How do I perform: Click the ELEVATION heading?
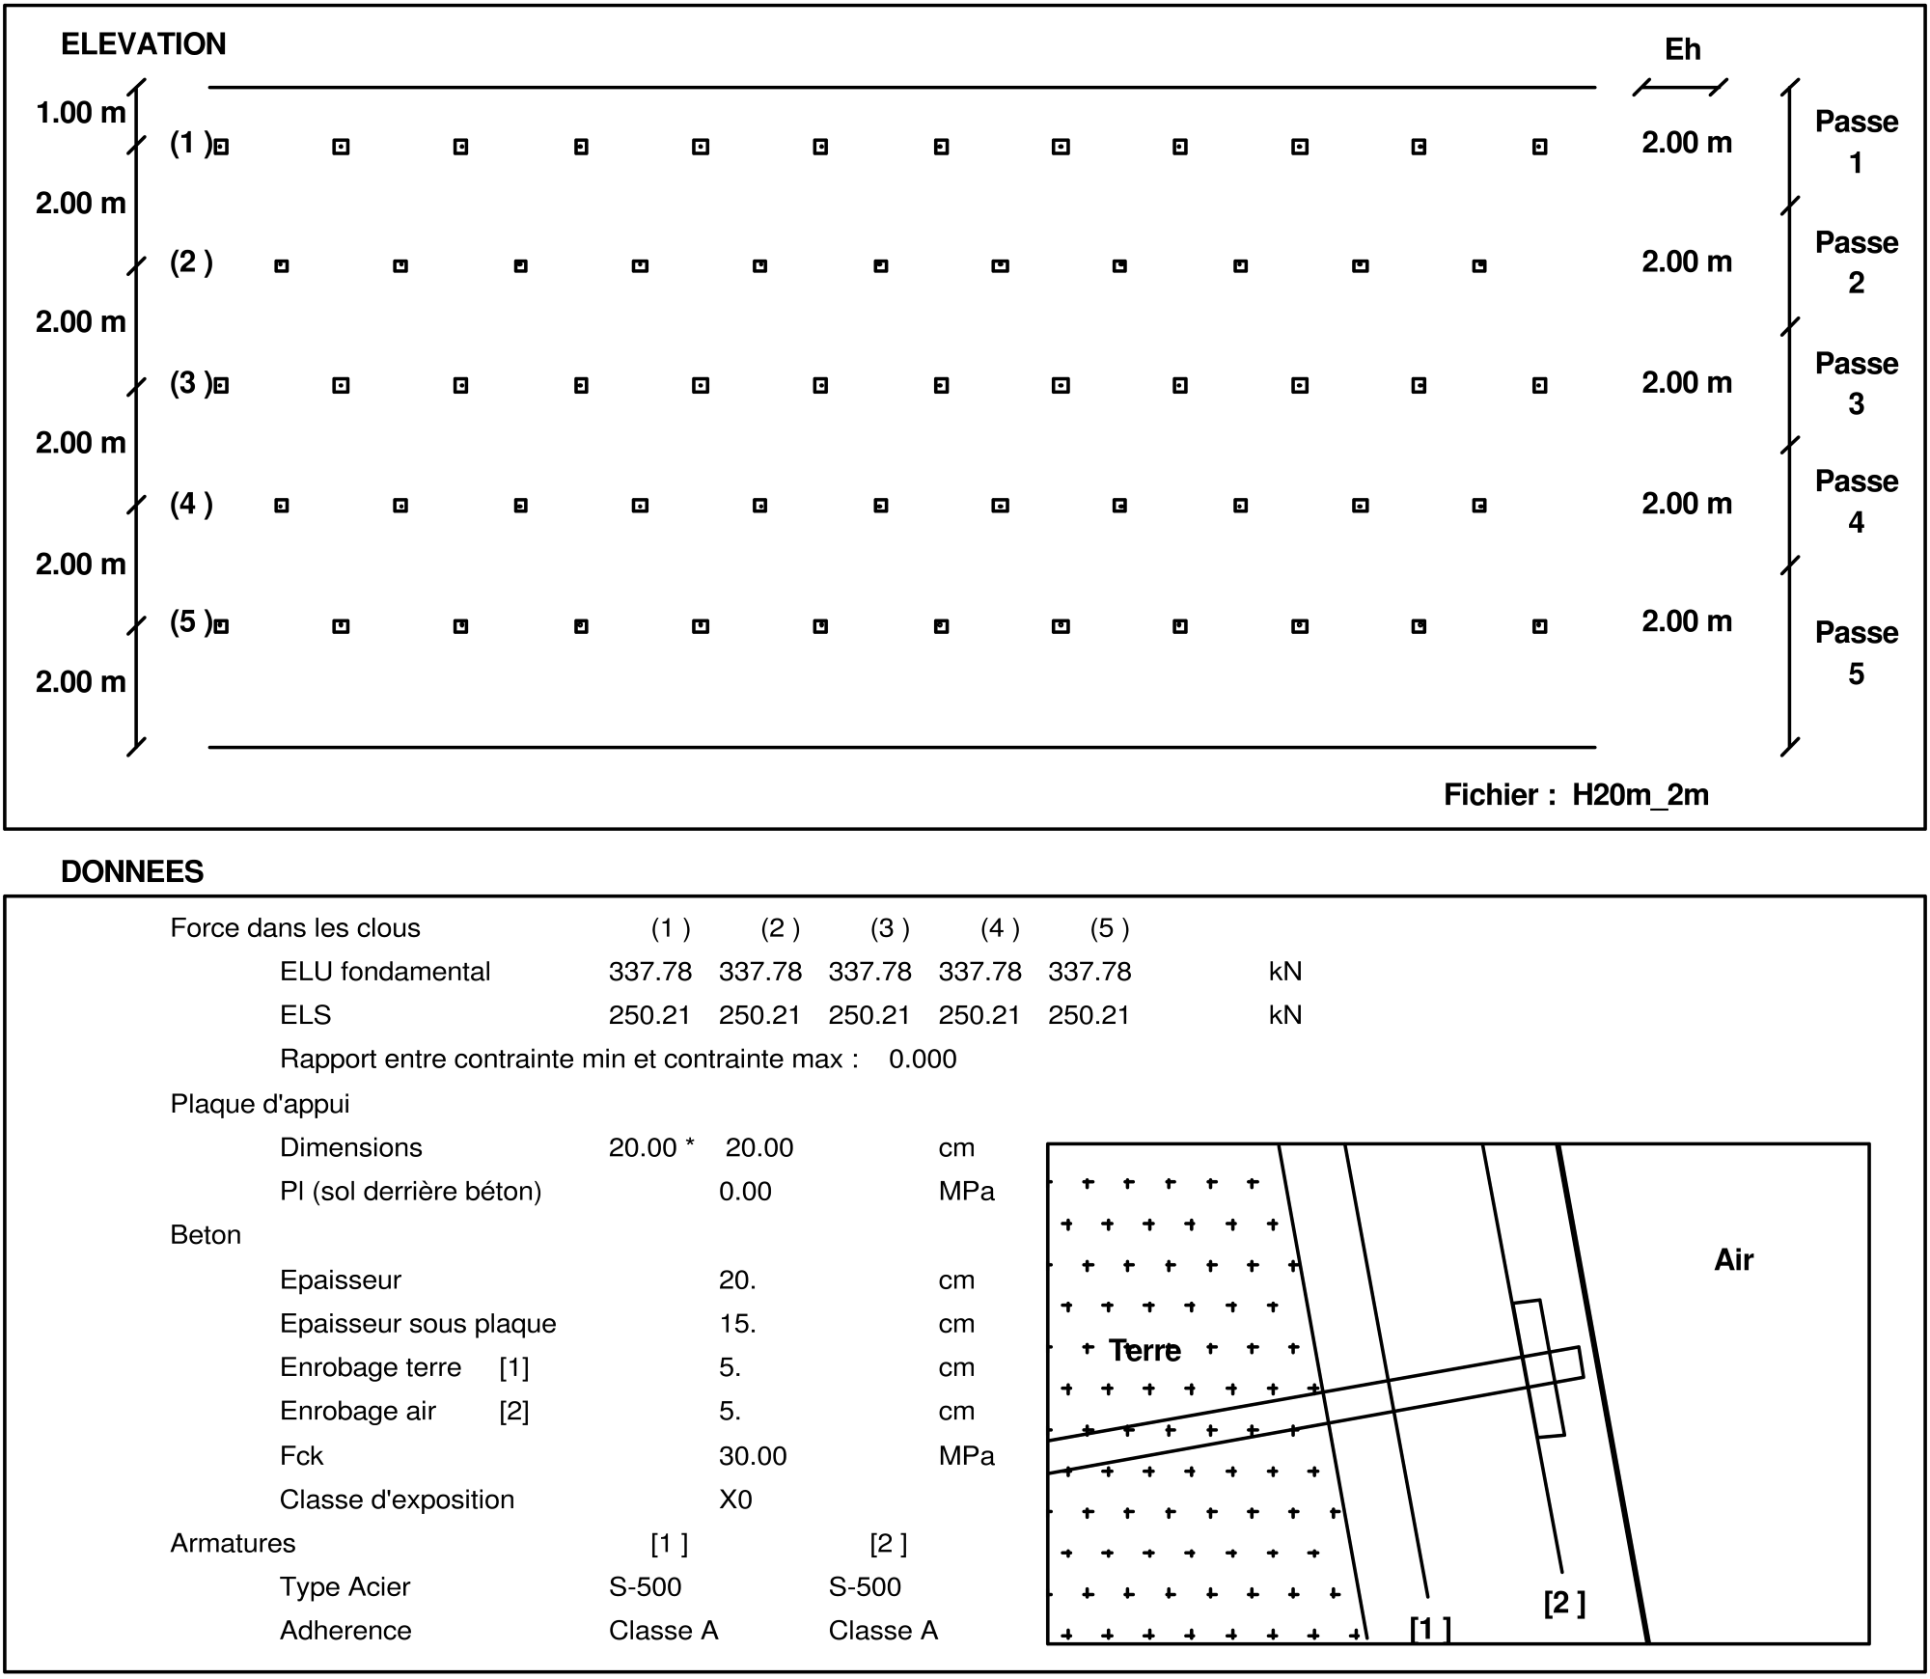click(143, 44)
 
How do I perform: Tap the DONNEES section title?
click(132, 871)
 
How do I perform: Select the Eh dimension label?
click(1682, 50)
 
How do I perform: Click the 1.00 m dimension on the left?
click(80, 113)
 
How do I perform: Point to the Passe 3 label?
click(1856, 383)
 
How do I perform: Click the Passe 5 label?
click(1856, 652)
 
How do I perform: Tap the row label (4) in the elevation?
click(191, 504)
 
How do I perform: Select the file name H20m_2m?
click(1640, 794)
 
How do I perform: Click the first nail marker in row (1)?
click(221, 148)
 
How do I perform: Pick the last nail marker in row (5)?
click(1539, 626)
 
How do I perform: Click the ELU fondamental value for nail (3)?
click(869, 972)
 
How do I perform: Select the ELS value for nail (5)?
click(1089, 1015)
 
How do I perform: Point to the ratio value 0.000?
click(923, 1060)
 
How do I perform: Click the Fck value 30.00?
click(753, 1456)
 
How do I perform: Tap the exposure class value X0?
click(735, 1500)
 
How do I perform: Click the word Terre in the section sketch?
click(1144, 1350)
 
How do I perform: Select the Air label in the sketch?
click(1733, 1260)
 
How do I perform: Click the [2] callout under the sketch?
click(1564, 1603)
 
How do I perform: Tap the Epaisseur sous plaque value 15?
click(737, 1324)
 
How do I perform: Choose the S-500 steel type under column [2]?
click(865, 1586)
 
